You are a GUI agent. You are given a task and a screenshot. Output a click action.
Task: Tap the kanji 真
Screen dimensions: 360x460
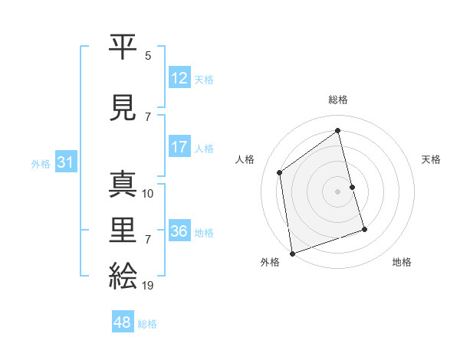tap(123, 186)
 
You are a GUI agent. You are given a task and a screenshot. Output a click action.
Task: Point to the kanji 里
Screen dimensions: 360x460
tap(123, 231)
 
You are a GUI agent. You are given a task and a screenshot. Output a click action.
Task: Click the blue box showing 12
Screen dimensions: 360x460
tap(179, 78)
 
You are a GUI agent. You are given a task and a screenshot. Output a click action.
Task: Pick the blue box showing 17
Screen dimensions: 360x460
tap(179, 147)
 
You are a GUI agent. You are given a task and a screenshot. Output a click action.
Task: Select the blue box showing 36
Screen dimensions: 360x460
tap(179, 231)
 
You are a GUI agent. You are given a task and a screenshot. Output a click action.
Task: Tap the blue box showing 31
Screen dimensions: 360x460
tap(66, 162)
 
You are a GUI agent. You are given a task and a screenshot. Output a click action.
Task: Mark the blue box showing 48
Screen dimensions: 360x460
tap(123, 322)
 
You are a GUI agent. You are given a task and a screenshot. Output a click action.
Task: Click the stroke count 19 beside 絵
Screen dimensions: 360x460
tap(148, 286)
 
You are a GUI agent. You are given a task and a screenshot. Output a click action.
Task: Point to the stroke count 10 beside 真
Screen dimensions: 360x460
tap(148, 194)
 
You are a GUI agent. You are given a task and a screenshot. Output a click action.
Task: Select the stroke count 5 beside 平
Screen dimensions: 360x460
tap(148, 55)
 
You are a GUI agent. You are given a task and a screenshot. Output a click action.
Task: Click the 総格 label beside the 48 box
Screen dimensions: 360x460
tap(147, 324)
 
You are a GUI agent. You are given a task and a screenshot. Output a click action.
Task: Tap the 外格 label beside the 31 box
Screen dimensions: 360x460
tap(41, 163)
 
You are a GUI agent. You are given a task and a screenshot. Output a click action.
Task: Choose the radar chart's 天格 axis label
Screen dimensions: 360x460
tap(431, 159)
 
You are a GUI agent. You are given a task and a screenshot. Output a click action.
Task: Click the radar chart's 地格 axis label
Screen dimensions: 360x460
tap(402, 262)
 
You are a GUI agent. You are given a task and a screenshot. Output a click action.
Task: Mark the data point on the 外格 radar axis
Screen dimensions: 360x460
tap(292, 253)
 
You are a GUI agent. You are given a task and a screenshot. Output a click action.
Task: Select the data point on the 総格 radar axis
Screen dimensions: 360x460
tap(337, 130)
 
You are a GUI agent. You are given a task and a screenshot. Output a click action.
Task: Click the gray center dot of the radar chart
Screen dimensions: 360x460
tap(337, 191)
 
